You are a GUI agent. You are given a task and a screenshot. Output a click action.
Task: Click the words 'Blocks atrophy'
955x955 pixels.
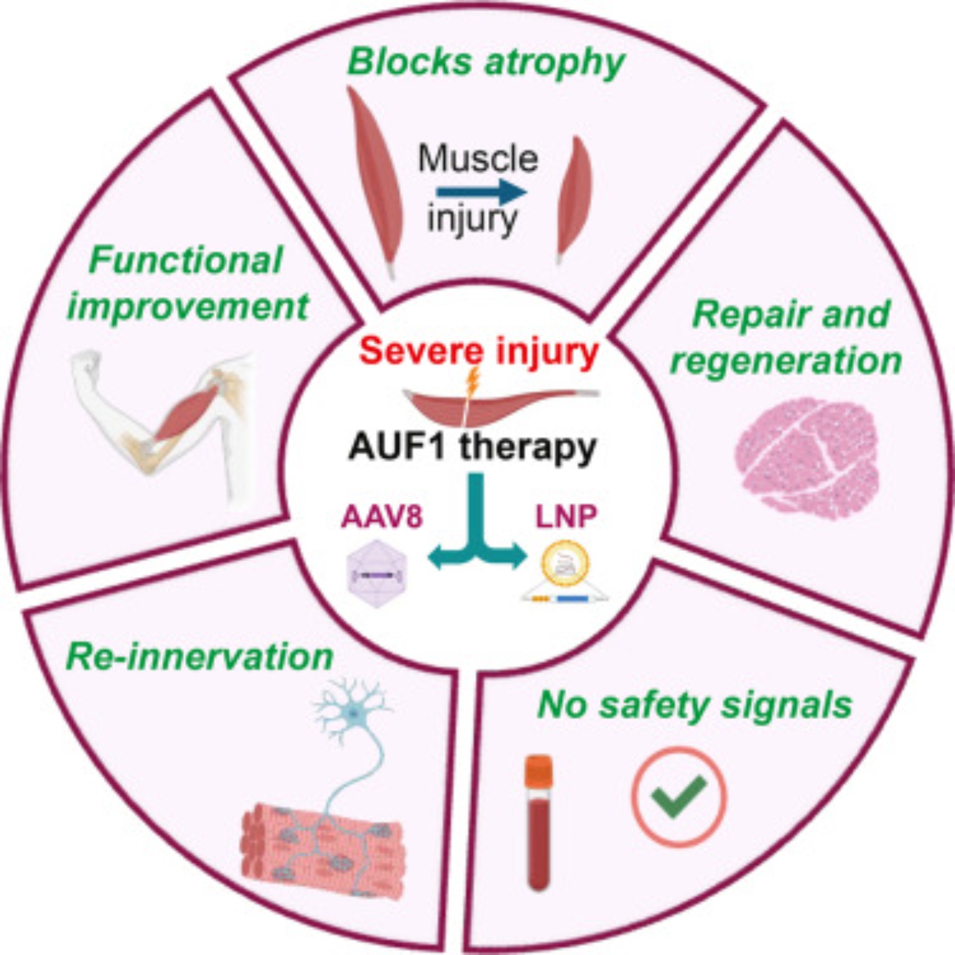[486, 63]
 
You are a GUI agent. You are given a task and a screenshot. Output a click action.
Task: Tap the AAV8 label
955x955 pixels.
[381, 519]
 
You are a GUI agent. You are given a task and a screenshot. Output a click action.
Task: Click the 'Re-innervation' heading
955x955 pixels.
[200, 658]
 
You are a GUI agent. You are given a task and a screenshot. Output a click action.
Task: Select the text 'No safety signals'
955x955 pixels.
[694, 704]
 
